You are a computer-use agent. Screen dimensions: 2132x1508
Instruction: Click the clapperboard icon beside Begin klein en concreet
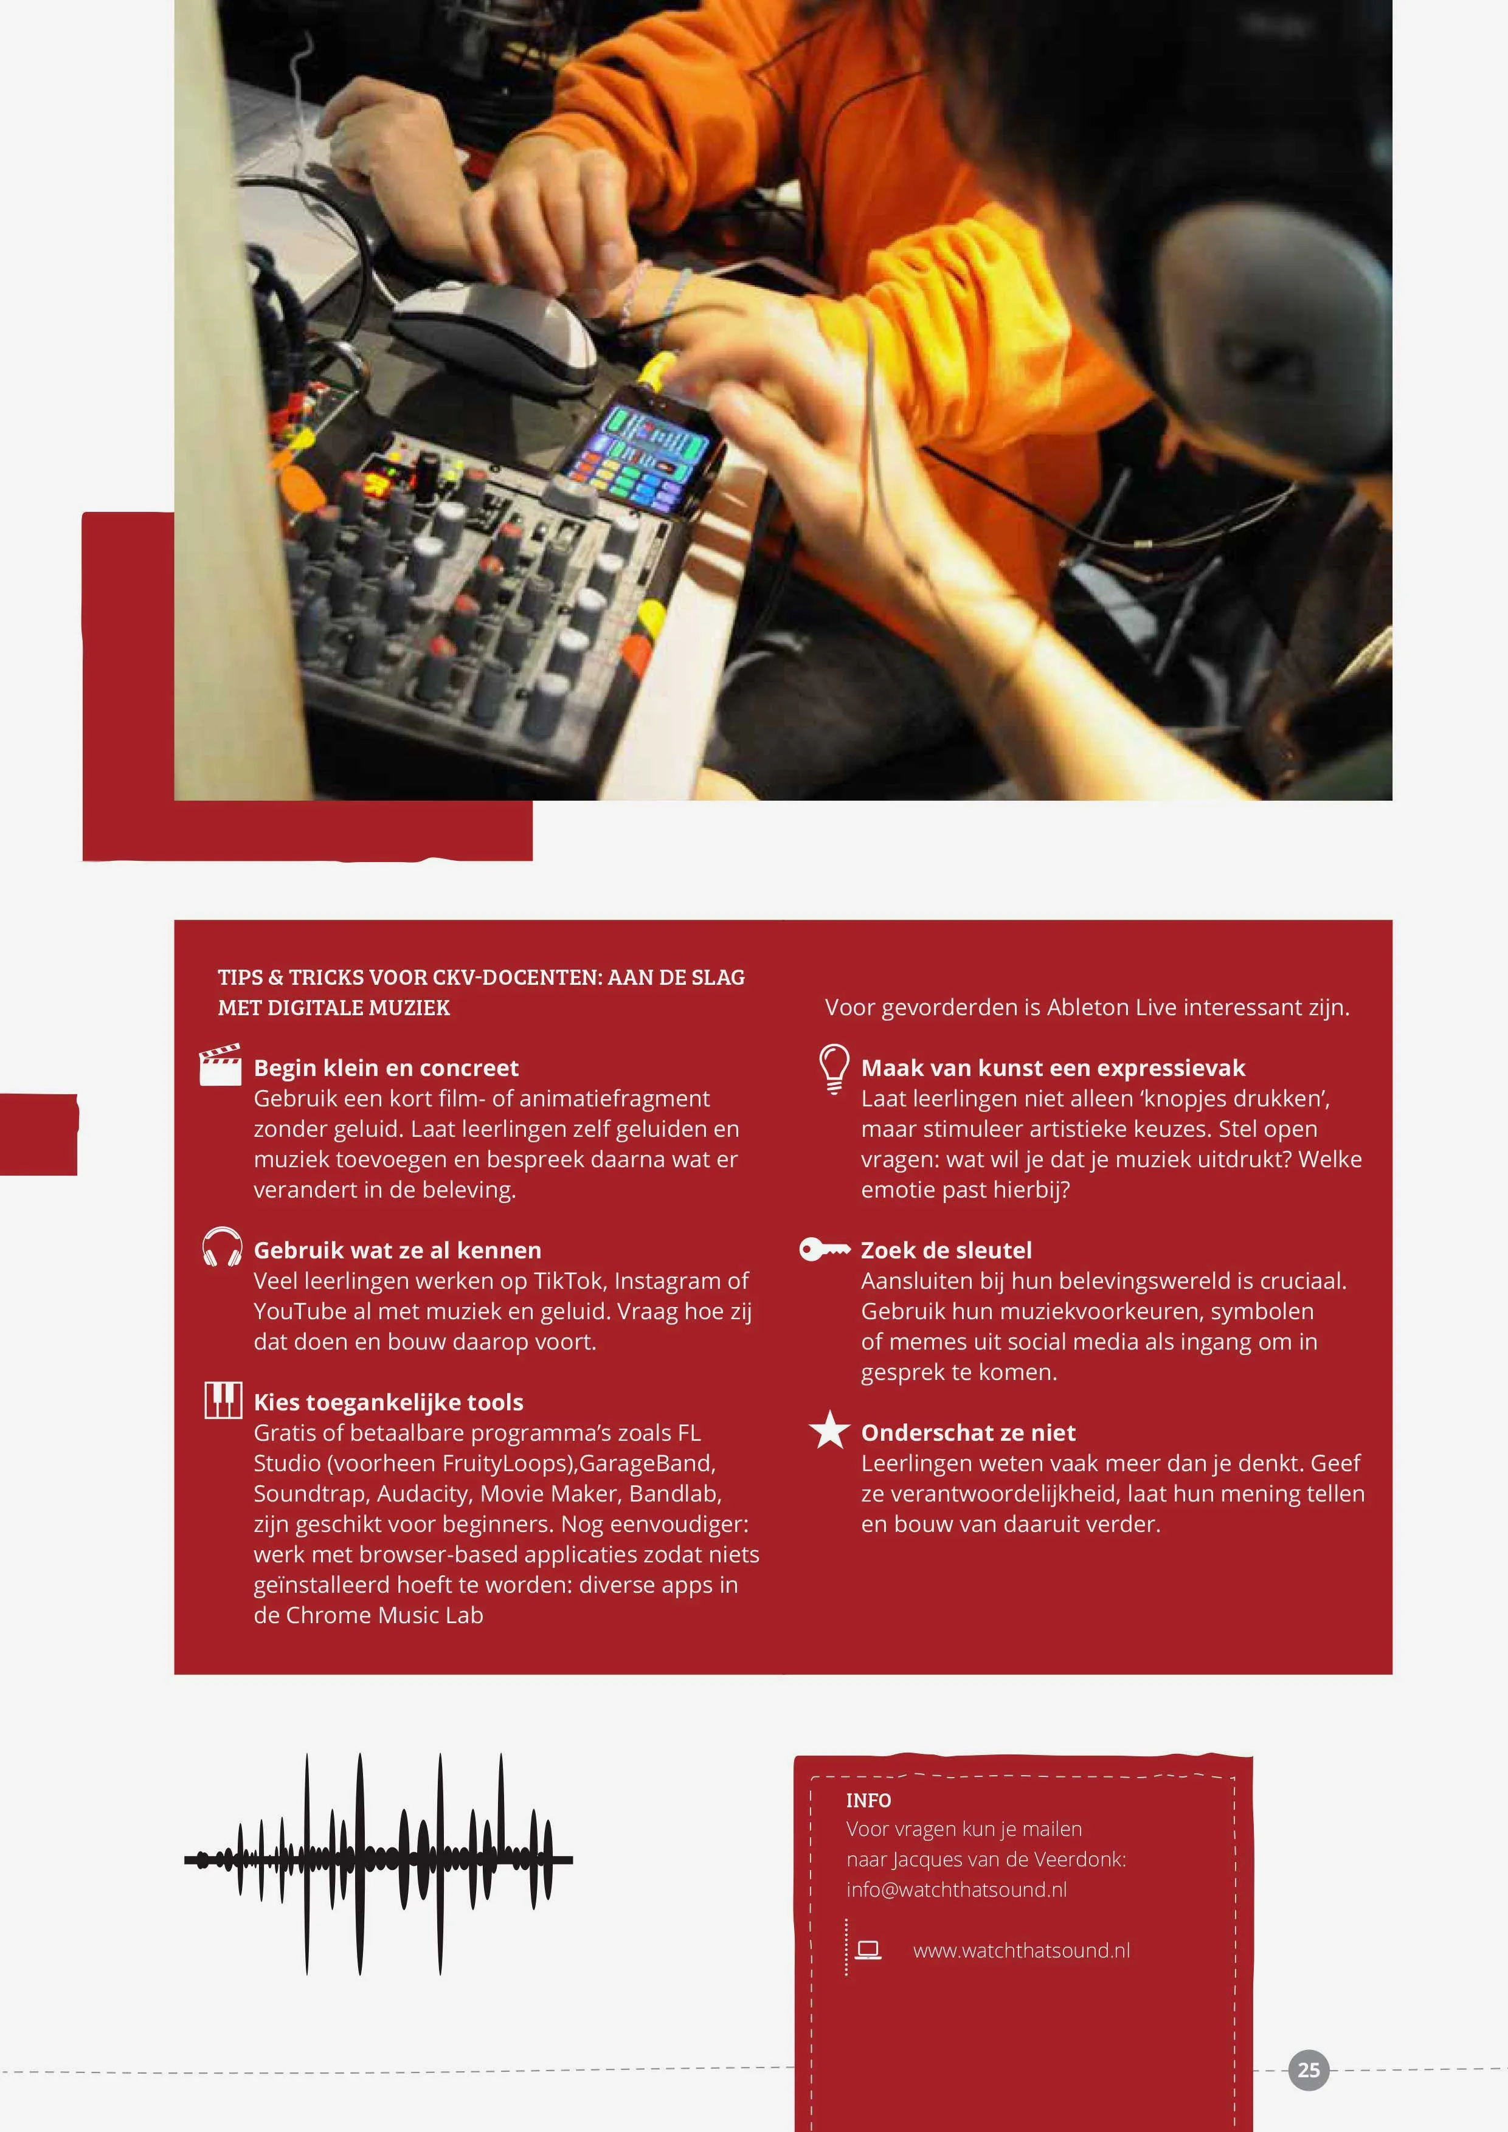(220, 1065)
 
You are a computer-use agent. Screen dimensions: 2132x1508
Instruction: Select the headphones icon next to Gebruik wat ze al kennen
(222, 1247)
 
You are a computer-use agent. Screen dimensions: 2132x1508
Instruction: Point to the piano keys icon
(223, 1399)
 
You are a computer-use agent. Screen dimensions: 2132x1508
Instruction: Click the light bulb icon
(834, 1068)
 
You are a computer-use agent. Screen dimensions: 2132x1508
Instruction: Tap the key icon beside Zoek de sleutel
(825, 1249)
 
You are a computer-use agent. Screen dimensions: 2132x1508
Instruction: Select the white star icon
(829, 1430)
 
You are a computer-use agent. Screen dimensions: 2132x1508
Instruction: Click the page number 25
(1309, 2070)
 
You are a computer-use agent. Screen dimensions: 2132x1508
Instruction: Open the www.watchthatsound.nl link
(1022, 1950)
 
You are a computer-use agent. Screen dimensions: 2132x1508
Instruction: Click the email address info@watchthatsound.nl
(956, 1889)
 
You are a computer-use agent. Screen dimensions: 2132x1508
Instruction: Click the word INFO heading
(868, 1801)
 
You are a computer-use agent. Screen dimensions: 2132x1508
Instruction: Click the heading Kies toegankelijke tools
(388, 1402)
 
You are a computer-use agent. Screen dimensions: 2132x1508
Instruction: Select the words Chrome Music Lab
(384, 1615)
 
